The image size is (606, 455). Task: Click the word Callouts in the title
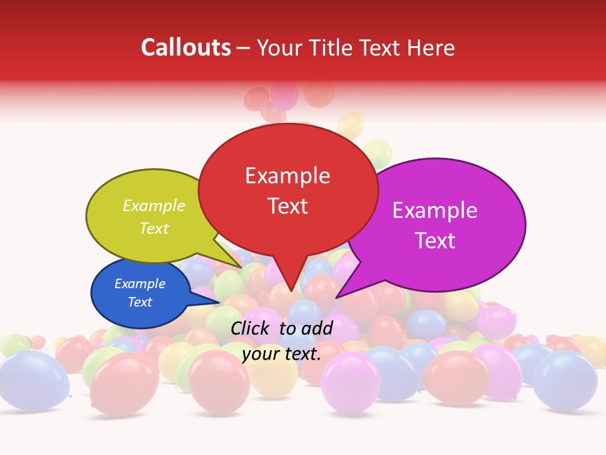tap(186, 47)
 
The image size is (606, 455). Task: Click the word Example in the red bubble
tap(287, 176)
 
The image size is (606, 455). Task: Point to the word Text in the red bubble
tap(287, 206)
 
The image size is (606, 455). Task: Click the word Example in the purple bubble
tap(434, 210)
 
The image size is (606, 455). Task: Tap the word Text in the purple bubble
tap(435, 241)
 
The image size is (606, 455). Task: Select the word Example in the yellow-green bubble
tap(154, 206)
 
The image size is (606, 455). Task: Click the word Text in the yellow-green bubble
tap(154, 229)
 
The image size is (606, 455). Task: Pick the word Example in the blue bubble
tap(140, 284)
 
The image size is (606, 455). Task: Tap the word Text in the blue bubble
tap(140, 302)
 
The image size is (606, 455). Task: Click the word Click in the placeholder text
tap(251, 328)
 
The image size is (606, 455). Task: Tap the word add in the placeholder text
tap(318, 328)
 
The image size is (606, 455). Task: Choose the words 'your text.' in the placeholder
tap(282, 355)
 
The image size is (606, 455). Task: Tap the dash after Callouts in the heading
tap(244, 48)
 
